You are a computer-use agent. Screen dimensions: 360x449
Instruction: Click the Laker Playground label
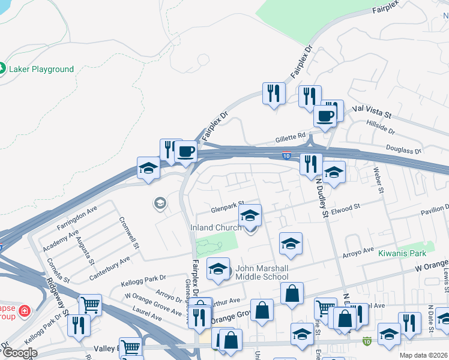point(41,69)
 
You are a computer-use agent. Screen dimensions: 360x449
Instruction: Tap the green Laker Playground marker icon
point(3,69)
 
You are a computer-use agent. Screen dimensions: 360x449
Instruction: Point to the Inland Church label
point(216,227)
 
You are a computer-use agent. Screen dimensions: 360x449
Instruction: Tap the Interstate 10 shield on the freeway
point(288,155)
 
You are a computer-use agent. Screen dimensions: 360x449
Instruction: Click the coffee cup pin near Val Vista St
point(325,116)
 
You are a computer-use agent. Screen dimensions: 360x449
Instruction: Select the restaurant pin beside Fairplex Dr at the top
point(274,94)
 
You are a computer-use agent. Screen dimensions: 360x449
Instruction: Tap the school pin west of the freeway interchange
point(148,168)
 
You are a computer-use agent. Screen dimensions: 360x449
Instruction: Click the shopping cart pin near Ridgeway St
point(89,304)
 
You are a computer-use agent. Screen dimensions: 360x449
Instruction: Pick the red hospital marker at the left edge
point(23,311)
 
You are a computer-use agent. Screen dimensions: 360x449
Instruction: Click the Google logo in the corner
point(19,353)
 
